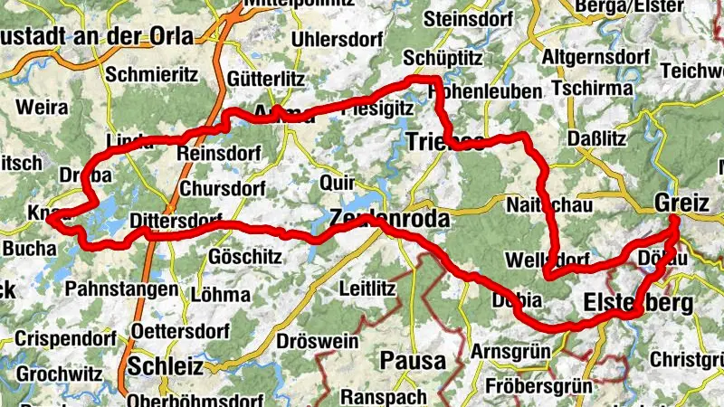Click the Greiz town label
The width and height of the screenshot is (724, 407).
(x=681, y=203)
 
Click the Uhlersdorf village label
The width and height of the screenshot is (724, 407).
(x=330, y=42)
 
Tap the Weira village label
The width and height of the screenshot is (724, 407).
(x=42, y=108)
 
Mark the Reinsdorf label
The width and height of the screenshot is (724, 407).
(x=220, y=153)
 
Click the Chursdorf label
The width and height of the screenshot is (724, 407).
(x=222, y=189)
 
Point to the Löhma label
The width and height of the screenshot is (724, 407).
(x=222, y=294)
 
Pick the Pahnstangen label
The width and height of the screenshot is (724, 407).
(x=123, y=289)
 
